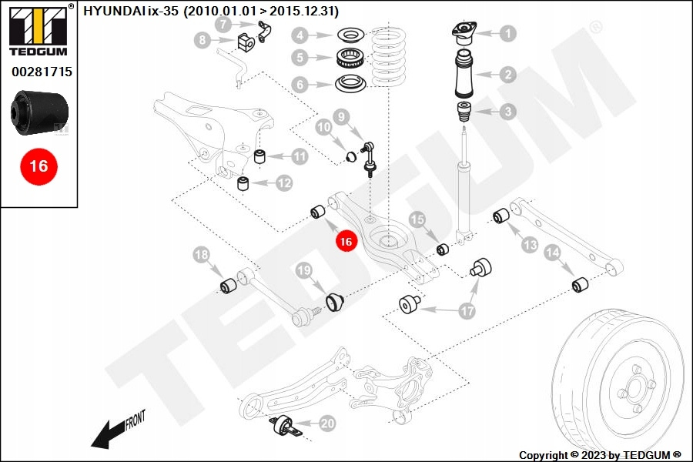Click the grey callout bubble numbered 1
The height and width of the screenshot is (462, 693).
pyautogui.click(x=507, y=33)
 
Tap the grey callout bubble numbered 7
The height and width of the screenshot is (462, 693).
pyautogui.click(x=223, y=24)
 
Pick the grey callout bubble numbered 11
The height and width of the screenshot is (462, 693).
pyautogui.click(x=299, y=156)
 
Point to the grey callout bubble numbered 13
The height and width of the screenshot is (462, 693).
pyautogui.click(x=530, y=245)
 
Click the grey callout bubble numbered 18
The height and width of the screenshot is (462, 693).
pyautogui.click(x=201, y=255)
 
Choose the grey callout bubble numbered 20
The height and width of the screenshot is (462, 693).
pyautogui.click(x=327, y=423)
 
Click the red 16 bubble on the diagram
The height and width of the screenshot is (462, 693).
pyautogui.click(x=346, y=241)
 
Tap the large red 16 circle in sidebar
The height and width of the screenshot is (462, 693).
pyautogui.click(x=38, y=166)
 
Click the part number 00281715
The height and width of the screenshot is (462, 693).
pyautogui.click(x=42, y=72)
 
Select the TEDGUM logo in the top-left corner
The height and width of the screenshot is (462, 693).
pyautogui.click(x=38, y=33)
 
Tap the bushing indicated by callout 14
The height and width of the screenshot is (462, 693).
pyautogui.click(x=581, y=286)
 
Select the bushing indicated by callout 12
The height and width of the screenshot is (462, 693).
pyautogui.click(x=243, y=182)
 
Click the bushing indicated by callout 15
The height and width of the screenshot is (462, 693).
pyautogui.click(x=443, y=249)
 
